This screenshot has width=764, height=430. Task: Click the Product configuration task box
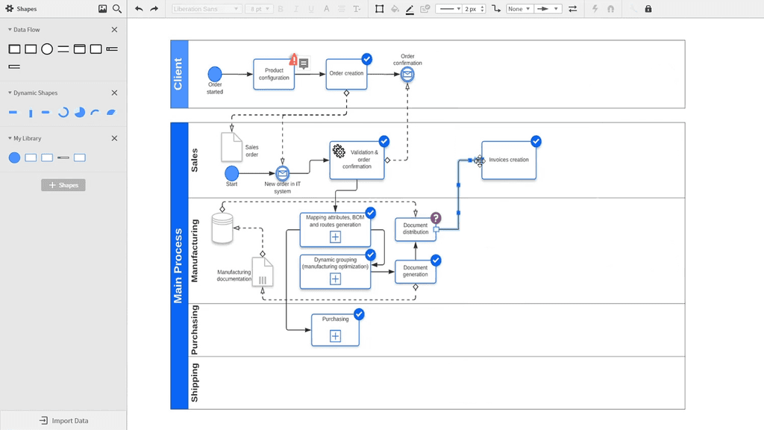coord(274,75)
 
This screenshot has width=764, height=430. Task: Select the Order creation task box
coord(346,75)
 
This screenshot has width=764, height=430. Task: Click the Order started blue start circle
coord(215,74)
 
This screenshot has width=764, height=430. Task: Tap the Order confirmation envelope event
coord(407,75)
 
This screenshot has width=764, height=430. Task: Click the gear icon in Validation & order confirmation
coord(339,151)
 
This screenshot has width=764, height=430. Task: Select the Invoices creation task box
coord(508,161)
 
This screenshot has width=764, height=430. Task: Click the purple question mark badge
coord(436,218)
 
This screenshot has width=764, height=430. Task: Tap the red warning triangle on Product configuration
coord(294,60)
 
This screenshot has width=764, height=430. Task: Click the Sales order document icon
coord(231,147)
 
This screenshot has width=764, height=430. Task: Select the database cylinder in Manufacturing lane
coord(222,228)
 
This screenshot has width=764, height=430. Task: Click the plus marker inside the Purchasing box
coord(335,336)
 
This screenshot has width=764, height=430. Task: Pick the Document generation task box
coord(416,271)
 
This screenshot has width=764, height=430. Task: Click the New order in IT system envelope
coord(282,174)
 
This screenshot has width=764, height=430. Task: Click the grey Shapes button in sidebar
coord(63,185)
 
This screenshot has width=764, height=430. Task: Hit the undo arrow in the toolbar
coord(139,9)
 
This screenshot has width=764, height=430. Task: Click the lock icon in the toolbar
coord(648,9)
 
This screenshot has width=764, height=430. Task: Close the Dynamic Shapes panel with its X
coord(114,93)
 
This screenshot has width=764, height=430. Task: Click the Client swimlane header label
coord(178,75)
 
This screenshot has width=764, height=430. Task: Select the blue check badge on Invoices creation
coord(536,141)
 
